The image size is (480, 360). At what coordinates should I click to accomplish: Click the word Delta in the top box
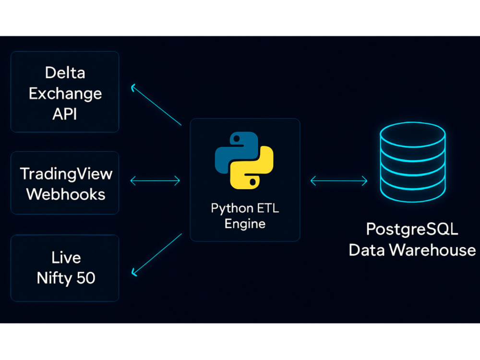pos(65,73)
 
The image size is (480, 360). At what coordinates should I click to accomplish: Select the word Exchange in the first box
pos(65,94)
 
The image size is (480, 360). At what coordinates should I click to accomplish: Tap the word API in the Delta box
pos(65,114)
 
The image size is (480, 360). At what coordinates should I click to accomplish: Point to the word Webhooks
pos(66,194)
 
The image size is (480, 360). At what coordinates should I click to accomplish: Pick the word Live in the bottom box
pos(66,257)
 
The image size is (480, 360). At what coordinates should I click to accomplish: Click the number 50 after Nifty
pos(86,278)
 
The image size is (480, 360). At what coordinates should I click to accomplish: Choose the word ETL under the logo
pos(268,208)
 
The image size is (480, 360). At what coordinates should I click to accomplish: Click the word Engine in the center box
pos(245,224)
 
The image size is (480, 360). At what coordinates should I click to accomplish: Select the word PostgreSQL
pos(412,229)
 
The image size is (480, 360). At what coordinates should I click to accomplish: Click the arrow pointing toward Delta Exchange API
pos(156,104)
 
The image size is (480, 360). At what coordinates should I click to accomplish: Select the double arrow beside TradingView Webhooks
pos(155,180)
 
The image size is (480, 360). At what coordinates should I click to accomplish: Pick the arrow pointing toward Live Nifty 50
pos(156,255)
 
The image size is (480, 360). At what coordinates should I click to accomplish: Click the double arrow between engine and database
pos(339,180)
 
